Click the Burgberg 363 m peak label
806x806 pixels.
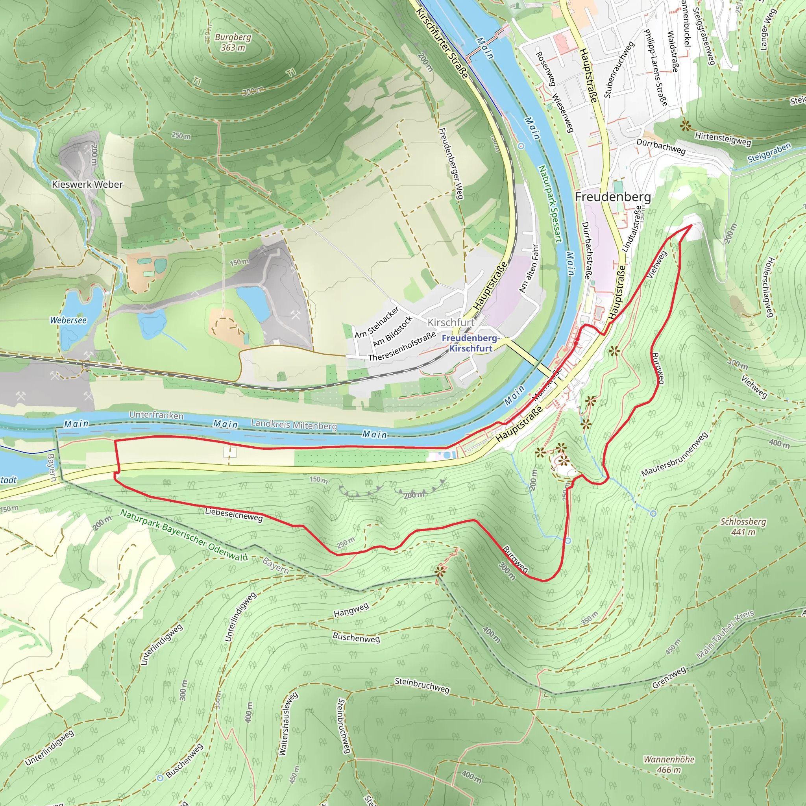tap(233, 42)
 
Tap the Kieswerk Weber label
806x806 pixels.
tap(87, 185)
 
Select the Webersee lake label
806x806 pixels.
tap(68, 320)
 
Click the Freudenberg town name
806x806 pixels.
tap(612, 197)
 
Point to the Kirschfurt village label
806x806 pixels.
tap(451, 322)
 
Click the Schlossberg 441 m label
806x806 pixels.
tap(743, 527)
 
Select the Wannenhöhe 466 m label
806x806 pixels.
tap(669, 764)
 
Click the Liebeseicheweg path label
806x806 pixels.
tap(234, 515)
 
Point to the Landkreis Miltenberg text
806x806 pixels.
tap(294, 425)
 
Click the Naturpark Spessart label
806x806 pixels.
tap(550, 203)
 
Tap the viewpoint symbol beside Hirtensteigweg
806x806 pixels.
tap(685, 125)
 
